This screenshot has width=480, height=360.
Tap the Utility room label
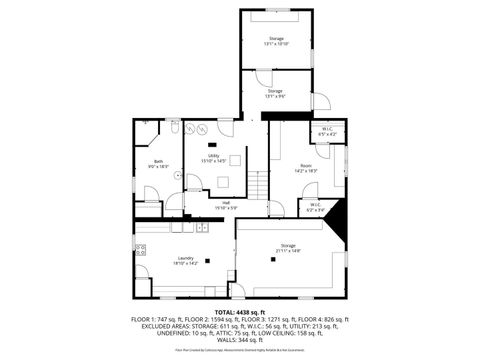click(214, 157)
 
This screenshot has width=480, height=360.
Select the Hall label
click(227, 205)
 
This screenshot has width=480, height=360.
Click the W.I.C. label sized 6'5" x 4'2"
click(327, 131)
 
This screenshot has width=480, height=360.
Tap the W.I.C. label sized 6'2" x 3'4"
click(315, 207)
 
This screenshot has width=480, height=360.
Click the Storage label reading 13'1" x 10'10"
click(276, 41)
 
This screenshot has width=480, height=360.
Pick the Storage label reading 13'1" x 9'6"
click(275, 93)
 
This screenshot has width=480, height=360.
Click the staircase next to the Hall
click(259, 184)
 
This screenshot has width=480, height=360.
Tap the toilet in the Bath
click(173, 129)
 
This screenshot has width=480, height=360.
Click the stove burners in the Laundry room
click(141, 250)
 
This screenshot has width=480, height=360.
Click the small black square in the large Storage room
click(272, 260)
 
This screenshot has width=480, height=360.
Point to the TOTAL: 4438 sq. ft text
click(239, 311)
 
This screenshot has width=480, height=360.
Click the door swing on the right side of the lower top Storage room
click(322, 102)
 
